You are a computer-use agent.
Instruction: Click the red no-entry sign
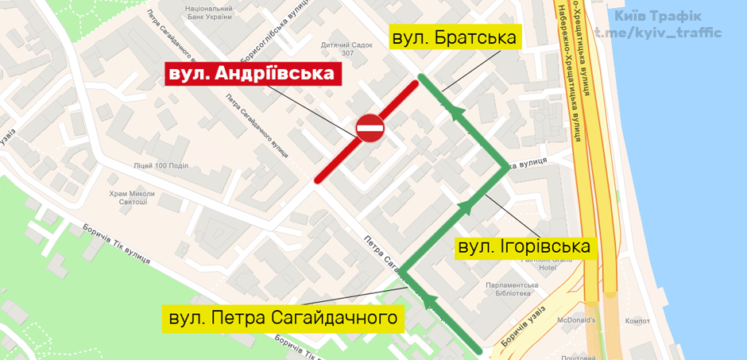(x=370, y=127)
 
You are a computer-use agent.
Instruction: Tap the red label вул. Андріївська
(x=253, y=74)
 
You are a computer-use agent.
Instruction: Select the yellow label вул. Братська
(x=454, y=37)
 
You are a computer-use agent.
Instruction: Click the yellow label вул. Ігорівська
(x=525, y=246)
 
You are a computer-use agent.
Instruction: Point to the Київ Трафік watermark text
(x=658, y=16)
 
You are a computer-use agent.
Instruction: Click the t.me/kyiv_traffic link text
(x=658, y=33)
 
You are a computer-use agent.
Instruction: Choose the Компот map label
(x=638, y=321)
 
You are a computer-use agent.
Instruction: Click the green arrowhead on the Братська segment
(x=455, y=111)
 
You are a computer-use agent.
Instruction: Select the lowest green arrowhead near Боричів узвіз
(x=431, y=298)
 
